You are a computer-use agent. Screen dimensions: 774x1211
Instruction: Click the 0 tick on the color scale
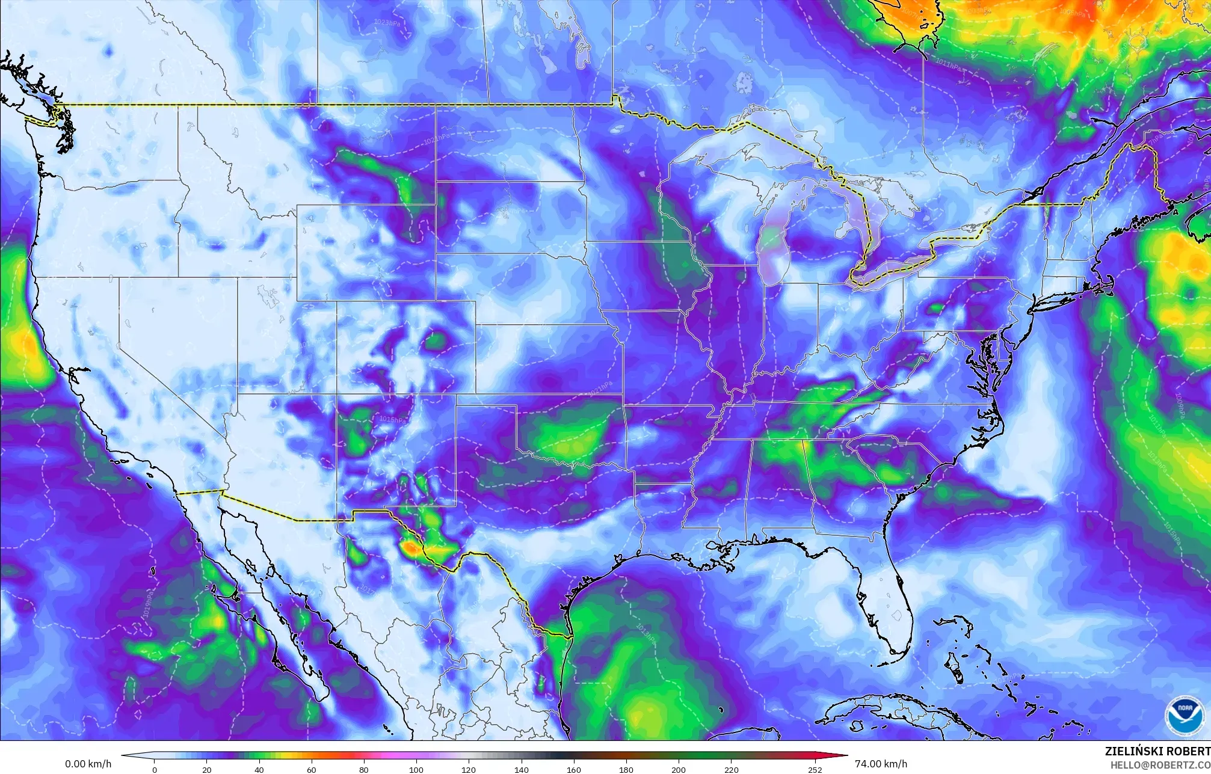pos(155,769)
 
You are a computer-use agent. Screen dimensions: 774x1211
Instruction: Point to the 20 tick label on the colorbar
pos(207,769)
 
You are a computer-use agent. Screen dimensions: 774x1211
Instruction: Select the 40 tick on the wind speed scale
pos(259,769)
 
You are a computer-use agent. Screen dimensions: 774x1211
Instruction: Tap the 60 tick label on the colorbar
pos(312,769)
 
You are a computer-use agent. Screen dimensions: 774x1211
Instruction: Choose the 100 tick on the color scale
pos(416,769)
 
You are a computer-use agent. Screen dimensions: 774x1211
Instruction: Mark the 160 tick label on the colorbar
pos(573,769)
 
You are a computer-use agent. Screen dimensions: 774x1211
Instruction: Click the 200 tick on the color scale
pos(678,769)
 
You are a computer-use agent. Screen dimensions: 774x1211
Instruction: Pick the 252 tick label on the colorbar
pos(815,769)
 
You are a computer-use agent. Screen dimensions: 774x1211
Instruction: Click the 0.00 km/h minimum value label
pos(88,764)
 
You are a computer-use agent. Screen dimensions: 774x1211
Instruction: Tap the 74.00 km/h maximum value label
pos(881,764)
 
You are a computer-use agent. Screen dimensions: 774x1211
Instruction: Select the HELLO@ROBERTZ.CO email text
pos(1160,764)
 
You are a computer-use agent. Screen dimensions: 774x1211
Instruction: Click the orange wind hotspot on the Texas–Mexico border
pos(411,548)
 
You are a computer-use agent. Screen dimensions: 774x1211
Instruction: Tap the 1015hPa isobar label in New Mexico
pos(392,419)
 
